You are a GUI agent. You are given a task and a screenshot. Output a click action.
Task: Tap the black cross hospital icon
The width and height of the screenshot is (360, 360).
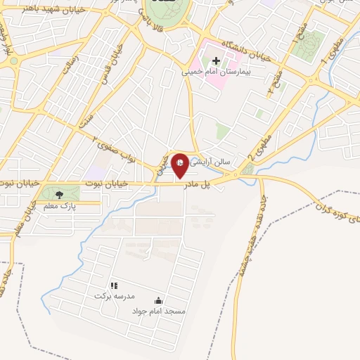pyautogui.click(x=216, y=60)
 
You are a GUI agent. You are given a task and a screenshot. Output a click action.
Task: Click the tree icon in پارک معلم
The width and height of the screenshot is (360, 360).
pyautogui.click(x=58, y=193)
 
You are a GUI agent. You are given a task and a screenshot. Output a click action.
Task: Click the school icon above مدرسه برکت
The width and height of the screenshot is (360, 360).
pyautogui.click(x=113, y=285)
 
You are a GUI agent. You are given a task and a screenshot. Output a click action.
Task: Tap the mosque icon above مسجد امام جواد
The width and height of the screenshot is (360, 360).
pyautogui.click(x=157, y=300)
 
